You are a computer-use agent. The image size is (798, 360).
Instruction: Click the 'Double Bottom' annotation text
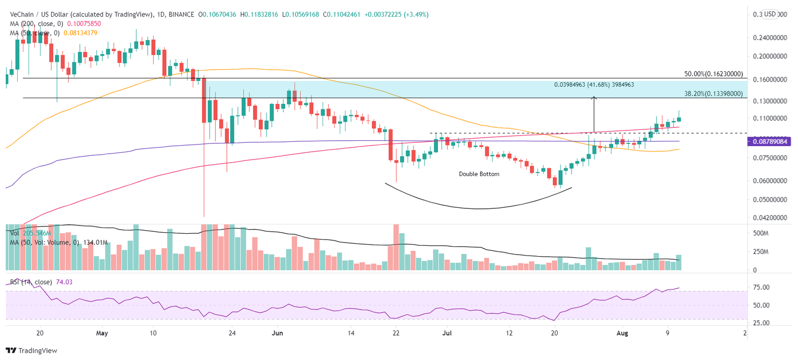(478, 174)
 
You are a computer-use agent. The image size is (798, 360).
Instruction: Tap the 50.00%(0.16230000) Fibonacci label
(714, 74)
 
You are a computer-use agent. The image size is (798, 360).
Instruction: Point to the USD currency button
(769, 14)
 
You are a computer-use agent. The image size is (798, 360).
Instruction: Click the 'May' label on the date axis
(102, 334)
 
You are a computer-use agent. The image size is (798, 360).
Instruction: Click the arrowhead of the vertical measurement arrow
(594, 98)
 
